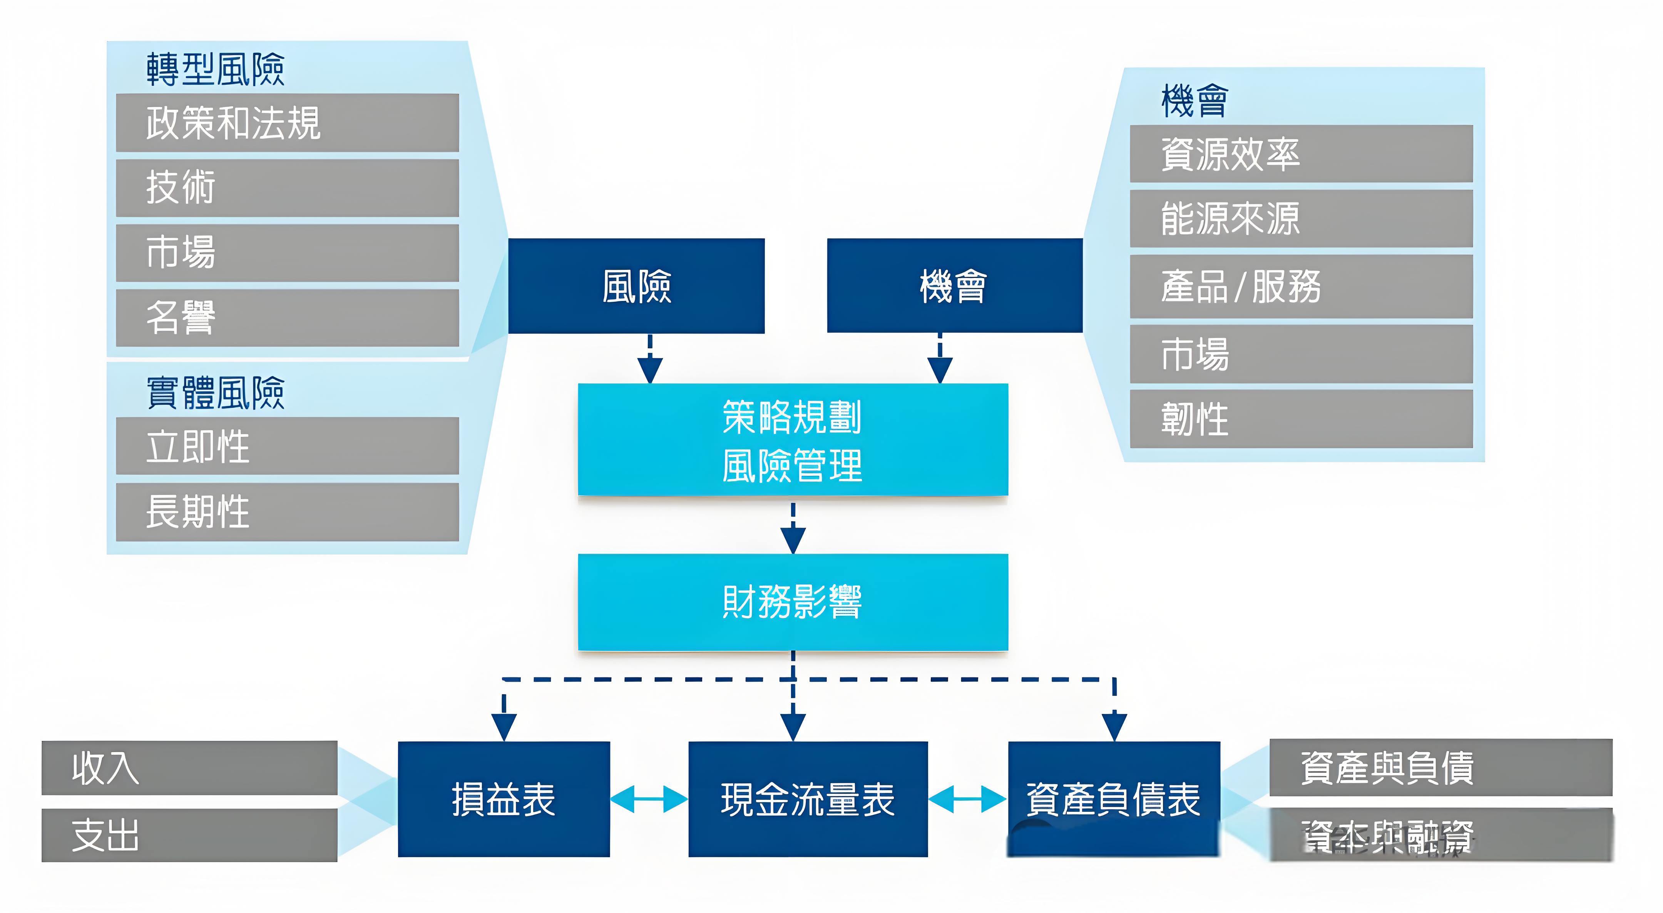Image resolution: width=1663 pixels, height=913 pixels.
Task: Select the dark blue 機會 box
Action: (954, 286)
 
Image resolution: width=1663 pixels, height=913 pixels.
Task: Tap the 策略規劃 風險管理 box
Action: (793, 440)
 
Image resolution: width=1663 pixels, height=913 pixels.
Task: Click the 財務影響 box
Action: (793, 602)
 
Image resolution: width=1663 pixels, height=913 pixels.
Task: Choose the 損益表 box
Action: (504, 799)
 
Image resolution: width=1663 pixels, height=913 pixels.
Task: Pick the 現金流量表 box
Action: (808, 799)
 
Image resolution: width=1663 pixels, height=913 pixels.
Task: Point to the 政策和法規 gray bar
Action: (287, 123)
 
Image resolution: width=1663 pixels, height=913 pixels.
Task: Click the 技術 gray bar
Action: (287, 188)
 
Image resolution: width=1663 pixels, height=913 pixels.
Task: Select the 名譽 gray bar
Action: (287, 318)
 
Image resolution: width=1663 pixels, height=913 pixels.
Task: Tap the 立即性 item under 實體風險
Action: (287, 446)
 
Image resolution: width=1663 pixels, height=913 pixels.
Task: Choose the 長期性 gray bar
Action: (287, 512)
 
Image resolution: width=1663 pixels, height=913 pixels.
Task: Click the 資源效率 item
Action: (1301, 154)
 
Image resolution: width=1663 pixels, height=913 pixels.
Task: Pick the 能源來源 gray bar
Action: (1301, 218)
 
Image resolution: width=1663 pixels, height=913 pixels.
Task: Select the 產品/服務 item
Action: (1301, 286)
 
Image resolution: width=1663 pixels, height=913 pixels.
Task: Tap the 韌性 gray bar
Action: (1301, 418)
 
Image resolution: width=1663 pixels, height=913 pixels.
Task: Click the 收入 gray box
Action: (189, 768)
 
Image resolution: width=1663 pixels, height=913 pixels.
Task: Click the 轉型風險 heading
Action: (215, 69)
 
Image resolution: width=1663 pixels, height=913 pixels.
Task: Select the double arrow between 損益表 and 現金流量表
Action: (648, 799)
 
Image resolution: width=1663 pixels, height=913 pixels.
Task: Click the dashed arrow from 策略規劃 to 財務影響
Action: (793, 526)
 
